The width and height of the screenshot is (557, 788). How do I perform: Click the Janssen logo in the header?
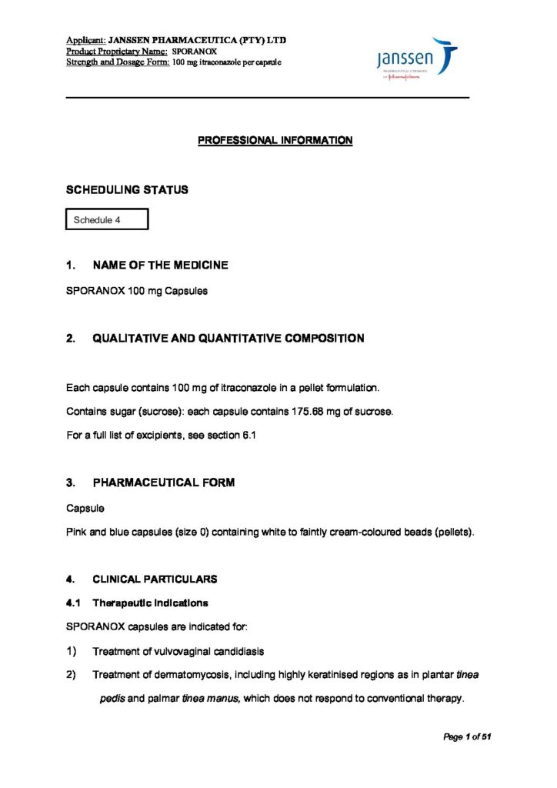click(x=417, y=59)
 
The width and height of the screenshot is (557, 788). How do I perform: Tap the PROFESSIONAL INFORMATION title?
click(x=275, y=140)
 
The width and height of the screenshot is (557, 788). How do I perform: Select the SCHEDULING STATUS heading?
click(x=127, y=189)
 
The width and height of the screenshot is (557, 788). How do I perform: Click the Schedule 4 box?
click(x=107, y=220)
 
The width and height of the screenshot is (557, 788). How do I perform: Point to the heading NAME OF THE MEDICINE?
click(x=160, y=265)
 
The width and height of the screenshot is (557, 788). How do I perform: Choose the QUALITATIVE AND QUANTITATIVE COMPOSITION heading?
click(x=228, y=339)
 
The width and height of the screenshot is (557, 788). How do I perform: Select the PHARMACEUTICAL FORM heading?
click(x=163, y=482)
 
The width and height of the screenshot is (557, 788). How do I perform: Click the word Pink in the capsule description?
click(x=78, y=533)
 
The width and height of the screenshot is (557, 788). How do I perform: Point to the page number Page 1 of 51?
click(x=467, y=737)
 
